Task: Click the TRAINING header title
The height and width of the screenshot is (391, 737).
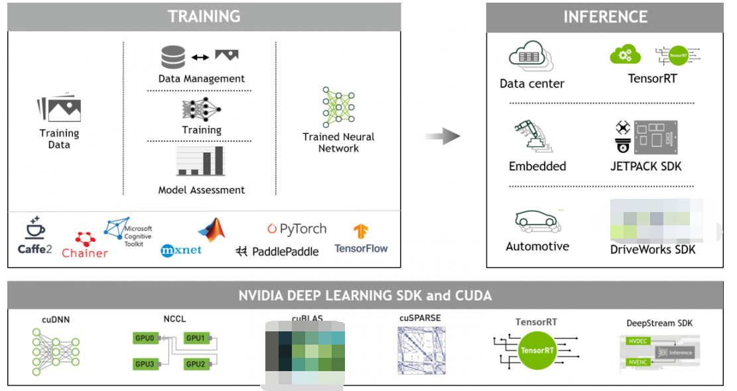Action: tap(204, 16)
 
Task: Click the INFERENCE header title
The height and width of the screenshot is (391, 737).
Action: tap(605, 17)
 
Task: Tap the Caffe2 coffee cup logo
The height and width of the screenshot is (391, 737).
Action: tap(34, 229)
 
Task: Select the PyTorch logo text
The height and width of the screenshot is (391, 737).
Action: tap(297, 229)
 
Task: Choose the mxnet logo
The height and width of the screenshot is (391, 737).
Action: tap(181, 251)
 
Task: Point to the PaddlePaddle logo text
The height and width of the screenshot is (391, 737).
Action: tap(277, 251)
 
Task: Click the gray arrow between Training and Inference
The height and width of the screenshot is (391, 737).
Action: tap(442, 137)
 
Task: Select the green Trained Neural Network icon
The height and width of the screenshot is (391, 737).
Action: tap(338, 107)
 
